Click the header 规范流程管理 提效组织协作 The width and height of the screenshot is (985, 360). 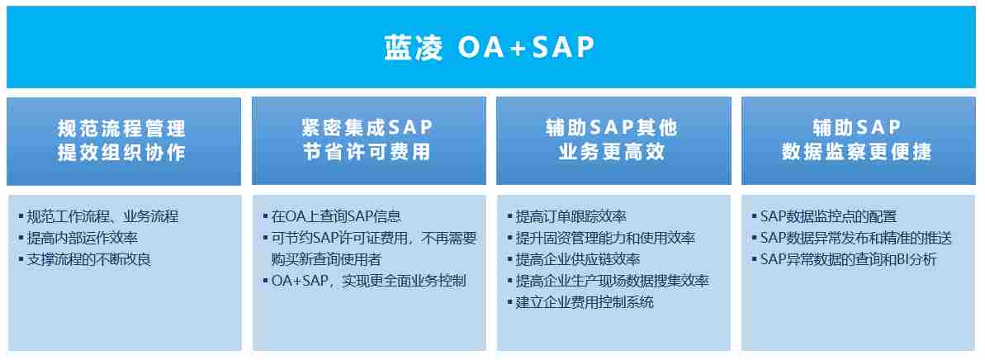[122, 140]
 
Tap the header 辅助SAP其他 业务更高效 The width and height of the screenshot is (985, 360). [613, 140]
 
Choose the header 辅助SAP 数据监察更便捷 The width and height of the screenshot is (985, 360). [857, 140]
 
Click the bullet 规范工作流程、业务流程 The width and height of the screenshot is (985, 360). [102, 217]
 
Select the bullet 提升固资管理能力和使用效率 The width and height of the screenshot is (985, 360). [605, 238]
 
